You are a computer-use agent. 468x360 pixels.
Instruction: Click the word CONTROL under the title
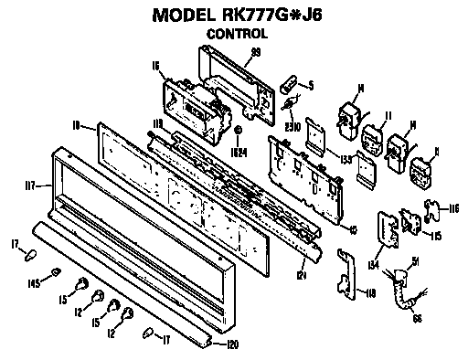(x=236, y=34)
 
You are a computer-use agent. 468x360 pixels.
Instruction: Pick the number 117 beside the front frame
(x=30, y=185)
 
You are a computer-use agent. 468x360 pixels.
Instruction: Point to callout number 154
(x=372, y=266)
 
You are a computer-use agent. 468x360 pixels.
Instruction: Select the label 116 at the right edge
(x=453, y=209)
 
